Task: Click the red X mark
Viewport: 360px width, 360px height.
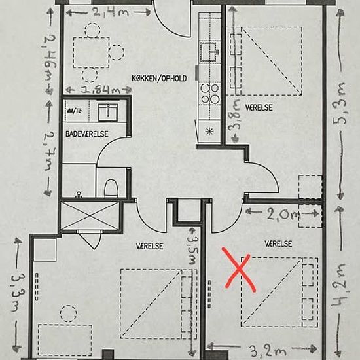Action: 239,270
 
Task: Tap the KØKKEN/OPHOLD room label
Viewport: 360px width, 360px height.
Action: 159,79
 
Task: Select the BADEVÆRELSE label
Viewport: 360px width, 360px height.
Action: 87,134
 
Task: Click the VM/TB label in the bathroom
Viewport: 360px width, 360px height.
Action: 74,111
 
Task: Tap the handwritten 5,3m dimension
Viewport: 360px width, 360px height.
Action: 340,103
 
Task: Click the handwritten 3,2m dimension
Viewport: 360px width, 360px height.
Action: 267,351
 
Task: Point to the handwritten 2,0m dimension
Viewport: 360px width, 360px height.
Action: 284,215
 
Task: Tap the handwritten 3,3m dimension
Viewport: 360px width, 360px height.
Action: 18,292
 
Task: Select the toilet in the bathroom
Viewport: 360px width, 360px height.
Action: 111,189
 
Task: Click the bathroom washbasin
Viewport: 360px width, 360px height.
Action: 108,113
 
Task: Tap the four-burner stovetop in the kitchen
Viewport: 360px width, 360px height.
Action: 210,94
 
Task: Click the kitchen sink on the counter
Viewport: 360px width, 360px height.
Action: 208,52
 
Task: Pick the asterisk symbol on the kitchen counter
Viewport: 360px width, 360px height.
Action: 209,132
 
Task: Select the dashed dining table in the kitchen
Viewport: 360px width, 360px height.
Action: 91,52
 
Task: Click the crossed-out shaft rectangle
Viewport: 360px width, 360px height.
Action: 90,216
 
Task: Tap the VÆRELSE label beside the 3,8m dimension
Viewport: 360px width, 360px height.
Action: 259,107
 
